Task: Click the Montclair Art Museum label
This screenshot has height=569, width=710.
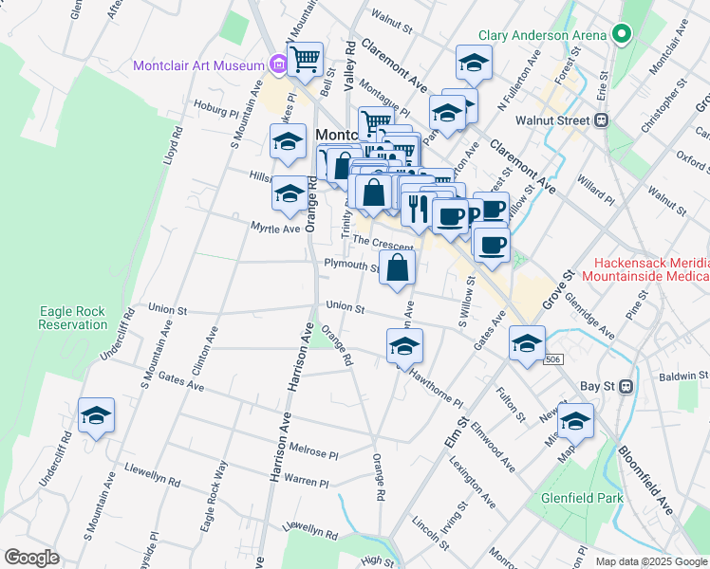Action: [x=198, y=65]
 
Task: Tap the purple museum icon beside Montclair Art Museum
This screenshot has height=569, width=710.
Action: [x=278, y=65]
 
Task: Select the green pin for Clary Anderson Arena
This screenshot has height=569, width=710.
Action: [x=623, y=35]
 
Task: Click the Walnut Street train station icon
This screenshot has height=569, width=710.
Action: [x=601, y=120]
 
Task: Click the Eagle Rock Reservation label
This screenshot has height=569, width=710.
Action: [x=73, y=318]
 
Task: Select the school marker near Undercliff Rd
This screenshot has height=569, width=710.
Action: [x=96, y=416]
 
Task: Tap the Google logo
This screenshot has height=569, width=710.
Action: [x=31, y=558]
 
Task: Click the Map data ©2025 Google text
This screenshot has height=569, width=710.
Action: [x=651, y=560]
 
